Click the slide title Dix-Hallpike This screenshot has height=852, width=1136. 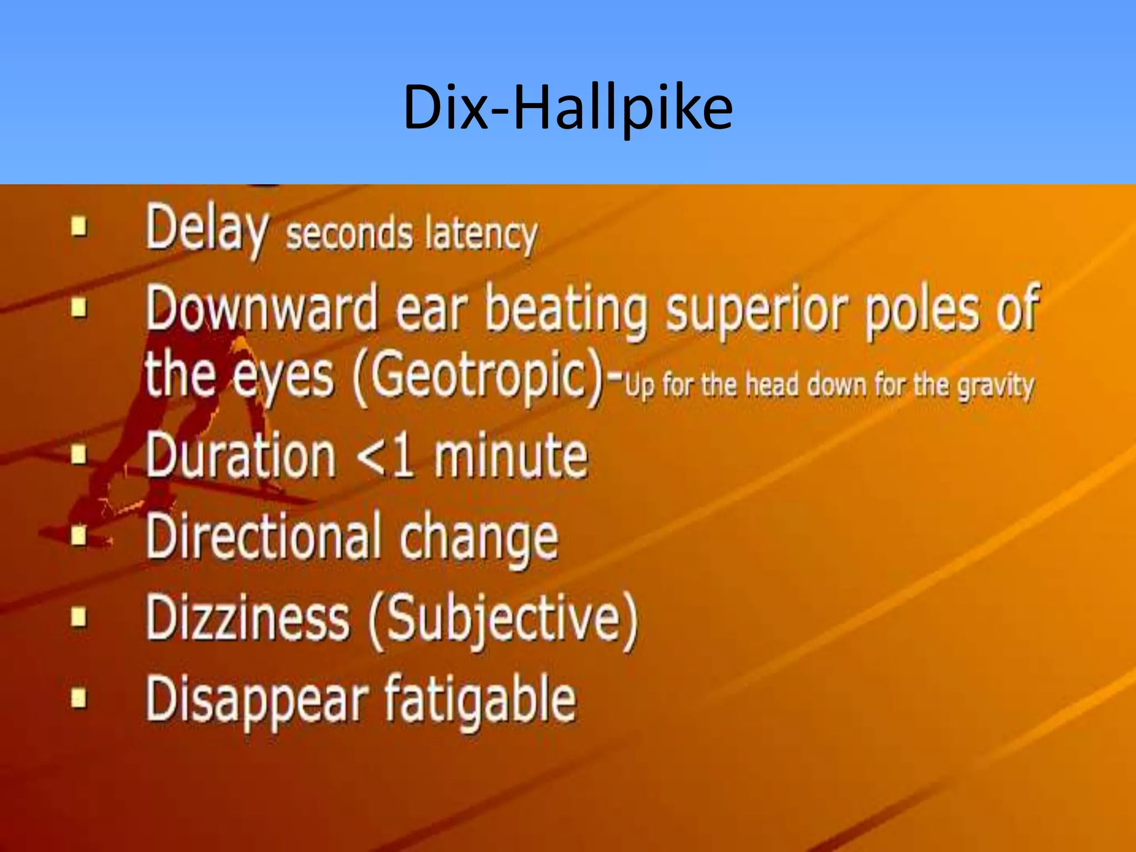567,106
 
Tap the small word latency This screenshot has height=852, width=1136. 481,235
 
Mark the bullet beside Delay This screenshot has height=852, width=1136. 80,227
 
